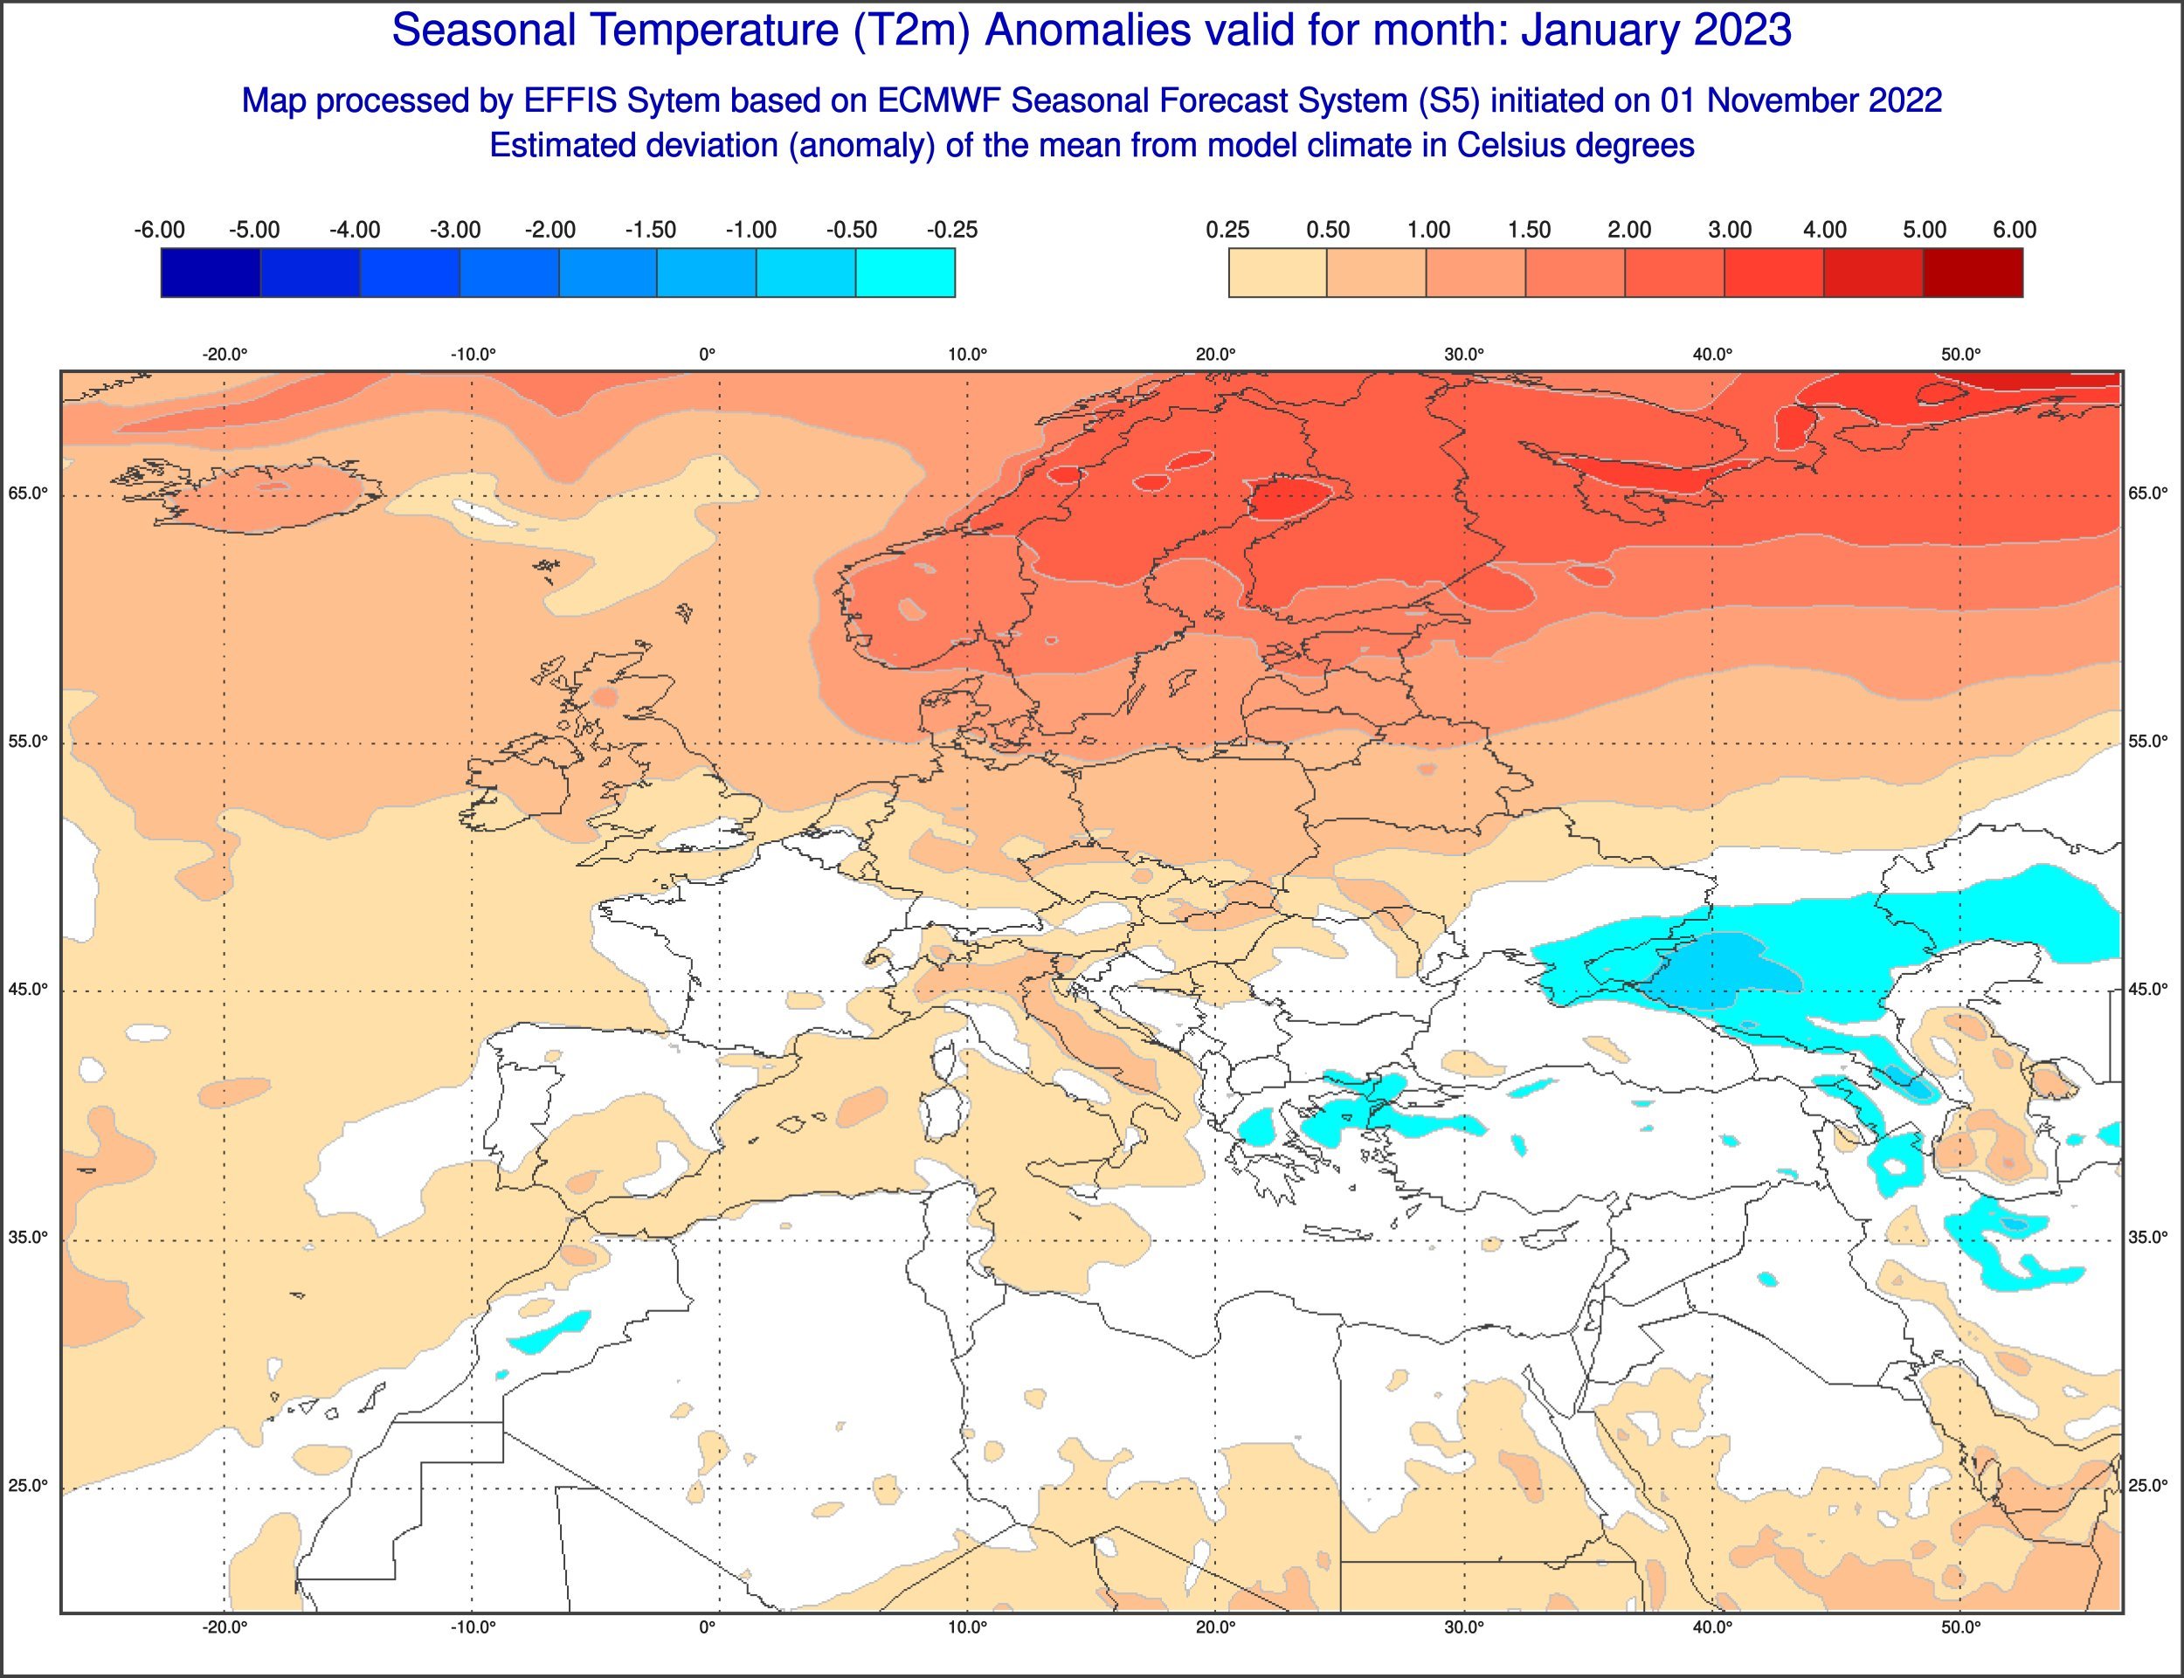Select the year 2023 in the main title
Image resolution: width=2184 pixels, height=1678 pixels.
[1742, 31]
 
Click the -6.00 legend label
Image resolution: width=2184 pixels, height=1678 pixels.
[159, 230]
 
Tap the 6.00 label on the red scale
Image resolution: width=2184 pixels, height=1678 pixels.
[2015, 230]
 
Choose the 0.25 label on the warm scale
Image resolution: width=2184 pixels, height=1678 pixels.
[1227, 230]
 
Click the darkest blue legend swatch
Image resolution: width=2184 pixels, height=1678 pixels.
[211, 273]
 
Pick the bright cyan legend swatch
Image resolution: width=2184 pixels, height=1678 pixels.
[905, 273]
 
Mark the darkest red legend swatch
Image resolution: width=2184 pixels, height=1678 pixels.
[1973, 273]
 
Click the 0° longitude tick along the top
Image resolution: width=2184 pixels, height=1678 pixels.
[707, 355]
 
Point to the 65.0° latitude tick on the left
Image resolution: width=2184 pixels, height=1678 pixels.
[27, 494]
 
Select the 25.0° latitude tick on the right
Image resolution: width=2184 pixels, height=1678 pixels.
[2148, 1486]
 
